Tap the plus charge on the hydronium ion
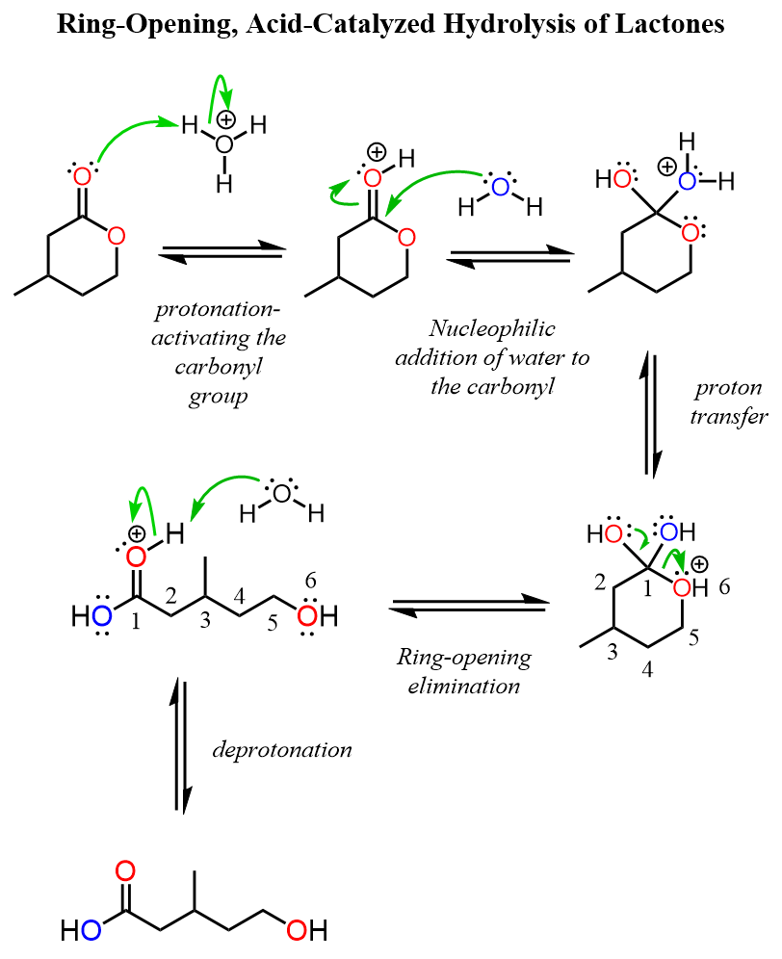tap(226, 119)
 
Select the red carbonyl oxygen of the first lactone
tap(82, 177)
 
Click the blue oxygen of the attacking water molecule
tap(501, 187)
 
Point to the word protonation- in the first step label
tap(218, 309)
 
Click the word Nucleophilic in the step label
tap(492, 328)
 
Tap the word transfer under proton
tap(729, 416)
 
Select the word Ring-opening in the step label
tap(464, 658)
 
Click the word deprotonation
tap(282, 750)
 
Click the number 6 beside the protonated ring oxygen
tap(724, 586)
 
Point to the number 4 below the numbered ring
tap(647, 669)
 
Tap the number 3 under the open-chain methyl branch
tap(205, 620)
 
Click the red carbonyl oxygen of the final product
tap(125, 871)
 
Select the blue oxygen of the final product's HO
tap(91, 930)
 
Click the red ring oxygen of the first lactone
tap(117, 236)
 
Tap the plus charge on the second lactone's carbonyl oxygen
tap(377, 152)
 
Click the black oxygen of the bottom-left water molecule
tap(281, 494)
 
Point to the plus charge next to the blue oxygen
tap(667, 166)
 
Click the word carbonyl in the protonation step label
tap(219, 368)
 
